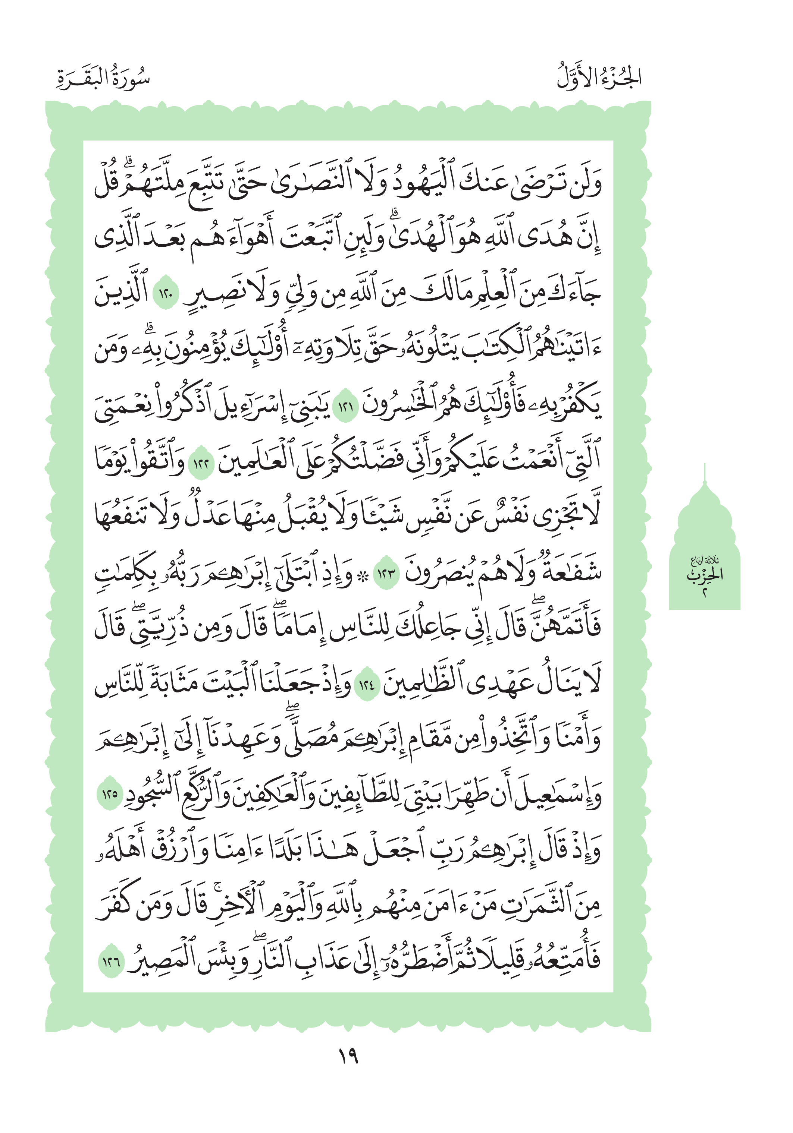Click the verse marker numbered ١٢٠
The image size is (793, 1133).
[166, 296]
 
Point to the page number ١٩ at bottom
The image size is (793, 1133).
[348, 1055]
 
